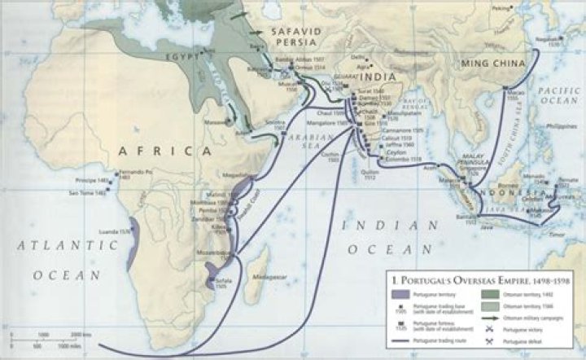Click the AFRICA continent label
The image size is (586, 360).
(158, 151)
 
